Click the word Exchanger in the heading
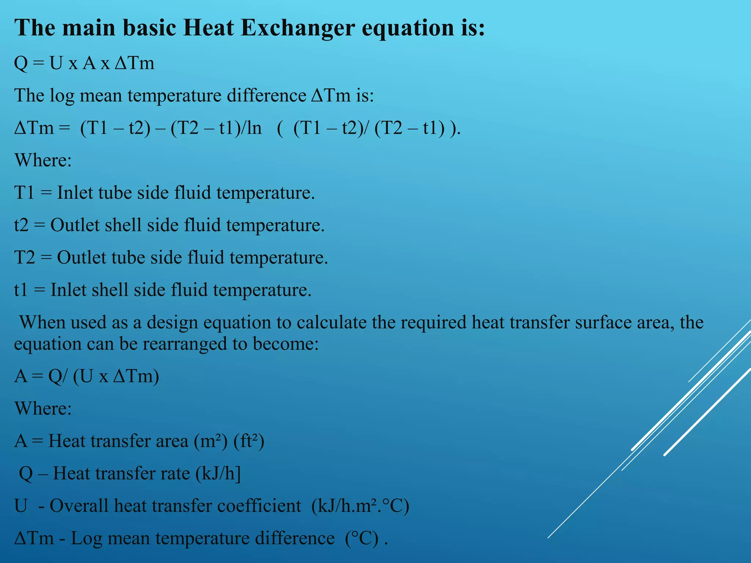click(297, 28)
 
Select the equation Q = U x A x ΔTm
click(84, 63)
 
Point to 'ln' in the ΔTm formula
click(254, 128)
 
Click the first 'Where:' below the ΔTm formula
click(43, 160)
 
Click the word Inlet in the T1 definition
click(75, 193)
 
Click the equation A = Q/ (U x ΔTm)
click(87, 376)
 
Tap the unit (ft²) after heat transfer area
click(249, 441)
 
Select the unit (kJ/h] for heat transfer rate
click(218, 473)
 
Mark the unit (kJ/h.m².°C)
click(360, 506)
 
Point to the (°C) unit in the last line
click(362, 538)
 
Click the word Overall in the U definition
click(79, 506)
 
